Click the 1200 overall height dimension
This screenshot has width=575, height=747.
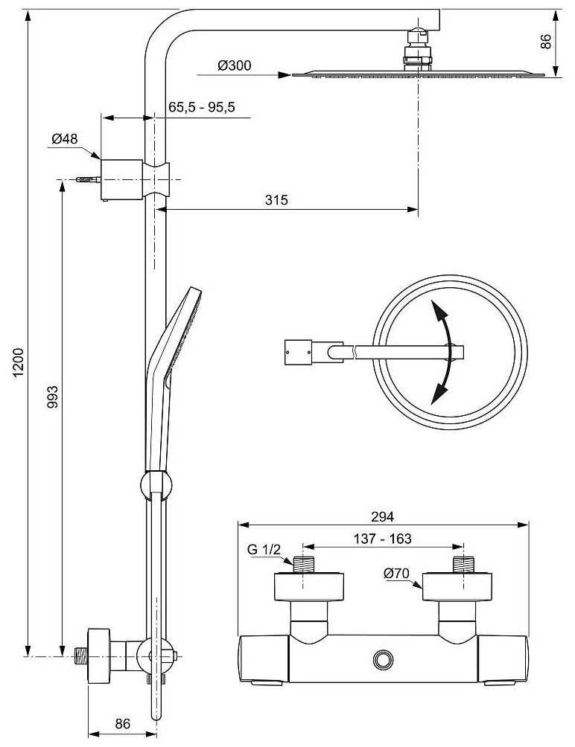[18, 363]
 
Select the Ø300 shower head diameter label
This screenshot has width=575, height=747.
[234, 65]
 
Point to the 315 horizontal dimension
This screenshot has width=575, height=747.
[276, 199]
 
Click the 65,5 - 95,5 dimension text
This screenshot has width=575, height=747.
[202, 106]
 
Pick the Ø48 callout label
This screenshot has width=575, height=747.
[65, 138]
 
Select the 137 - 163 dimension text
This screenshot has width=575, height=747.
[382, 539]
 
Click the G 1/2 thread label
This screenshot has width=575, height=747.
[264, 549]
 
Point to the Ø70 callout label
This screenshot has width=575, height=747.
[396, 574]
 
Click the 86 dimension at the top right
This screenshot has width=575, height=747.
[546, 41]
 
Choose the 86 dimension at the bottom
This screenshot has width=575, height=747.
[123, 723]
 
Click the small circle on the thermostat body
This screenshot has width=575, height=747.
[382, 659]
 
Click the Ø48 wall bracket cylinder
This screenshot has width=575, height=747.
[121, 179]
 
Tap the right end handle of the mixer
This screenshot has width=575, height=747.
[503, 659]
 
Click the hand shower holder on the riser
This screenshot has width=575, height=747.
[156, 485]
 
